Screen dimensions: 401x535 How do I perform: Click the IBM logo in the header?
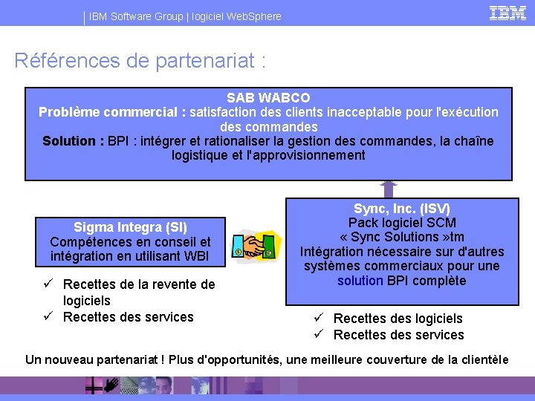[x=508, y=13]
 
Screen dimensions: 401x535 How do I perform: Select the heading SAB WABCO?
[x=268, y=98]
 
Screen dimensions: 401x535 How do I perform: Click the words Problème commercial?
[x=108, y=112]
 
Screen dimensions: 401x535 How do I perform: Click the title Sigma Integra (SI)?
[x=130, y=227]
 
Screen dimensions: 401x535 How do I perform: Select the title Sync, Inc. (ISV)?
[x=401, y=209]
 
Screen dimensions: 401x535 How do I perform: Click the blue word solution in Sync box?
[x=360, y=281]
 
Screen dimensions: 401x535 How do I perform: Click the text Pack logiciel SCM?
[x=402, y=223]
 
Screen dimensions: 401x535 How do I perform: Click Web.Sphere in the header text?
[x=255, y=16]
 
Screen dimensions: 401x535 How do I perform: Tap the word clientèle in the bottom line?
[x=482, y=360]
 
